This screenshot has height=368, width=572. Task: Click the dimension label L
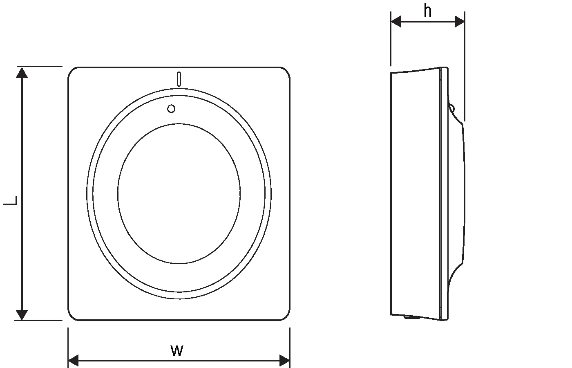12,200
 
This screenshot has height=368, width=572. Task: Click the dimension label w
177,350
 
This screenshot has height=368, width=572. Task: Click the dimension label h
427,11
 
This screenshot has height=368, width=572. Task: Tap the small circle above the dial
172,108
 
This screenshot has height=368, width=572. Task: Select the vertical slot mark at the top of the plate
179,79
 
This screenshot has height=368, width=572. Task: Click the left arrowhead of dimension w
73,361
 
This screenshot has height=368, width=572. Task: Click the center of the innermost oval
179,193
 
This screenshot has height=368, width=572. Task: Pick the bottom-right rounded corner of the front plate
286,316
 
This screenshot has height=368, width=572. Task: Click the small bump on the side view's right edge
451,108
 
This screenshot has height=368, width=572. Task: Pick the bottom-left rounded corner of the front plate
72,316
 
